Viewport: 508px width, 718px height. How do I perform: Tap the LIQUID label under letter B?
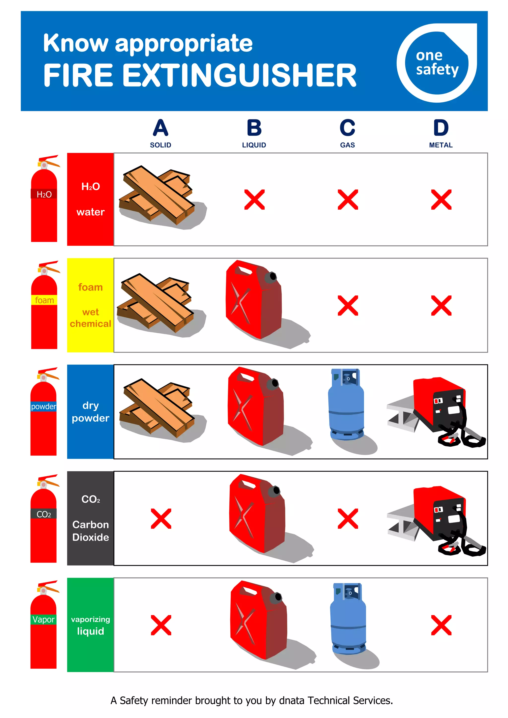pyautogui.click(x=254, y=145)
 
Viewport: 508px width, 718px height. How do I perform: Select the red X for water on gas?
pyautogui.click(x=348, y=200)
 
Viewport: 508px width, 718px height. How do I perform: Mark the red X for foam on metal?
pyautogui.click(x=441, y=306)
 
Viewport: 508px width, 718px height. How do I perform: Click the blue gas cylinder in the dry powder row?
pyautogui.click(x=346, y=405)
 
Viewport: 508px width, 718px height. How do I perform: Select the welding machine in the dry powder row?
pyautogui.click(x=438, y=410)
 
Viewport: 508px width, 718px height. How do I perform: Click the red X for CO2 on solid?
pyautogui.click(x=161, y=519)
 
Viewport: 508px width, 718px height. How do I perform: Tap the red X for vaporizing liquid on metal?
pyautogui.click(x=441, y=625)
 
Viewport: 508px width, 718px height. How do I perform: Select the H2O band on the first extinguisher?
pyautogui.click(x=44, y=194)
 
